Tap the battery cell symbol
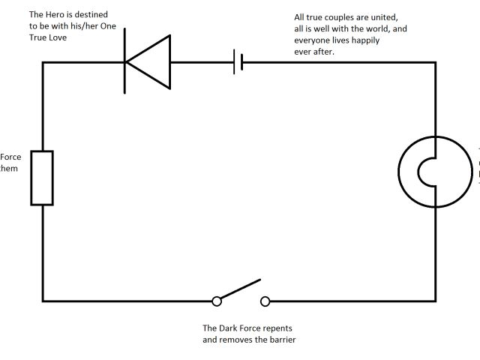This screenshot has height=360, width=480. coord(238,63)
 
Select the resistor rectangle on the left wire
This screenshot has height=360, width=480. coord(42,178)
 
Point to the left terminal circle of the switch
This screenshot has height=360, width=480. coord(217,301)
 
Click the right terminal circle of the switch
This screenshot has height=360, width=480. coord(265,301)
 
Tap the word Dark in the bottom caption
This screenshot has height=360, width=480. coord(229,328)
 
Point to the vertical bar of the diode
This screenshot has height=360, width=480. coord(124,63)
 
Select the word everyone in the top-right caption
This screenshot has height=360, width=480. coord(313,40)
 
